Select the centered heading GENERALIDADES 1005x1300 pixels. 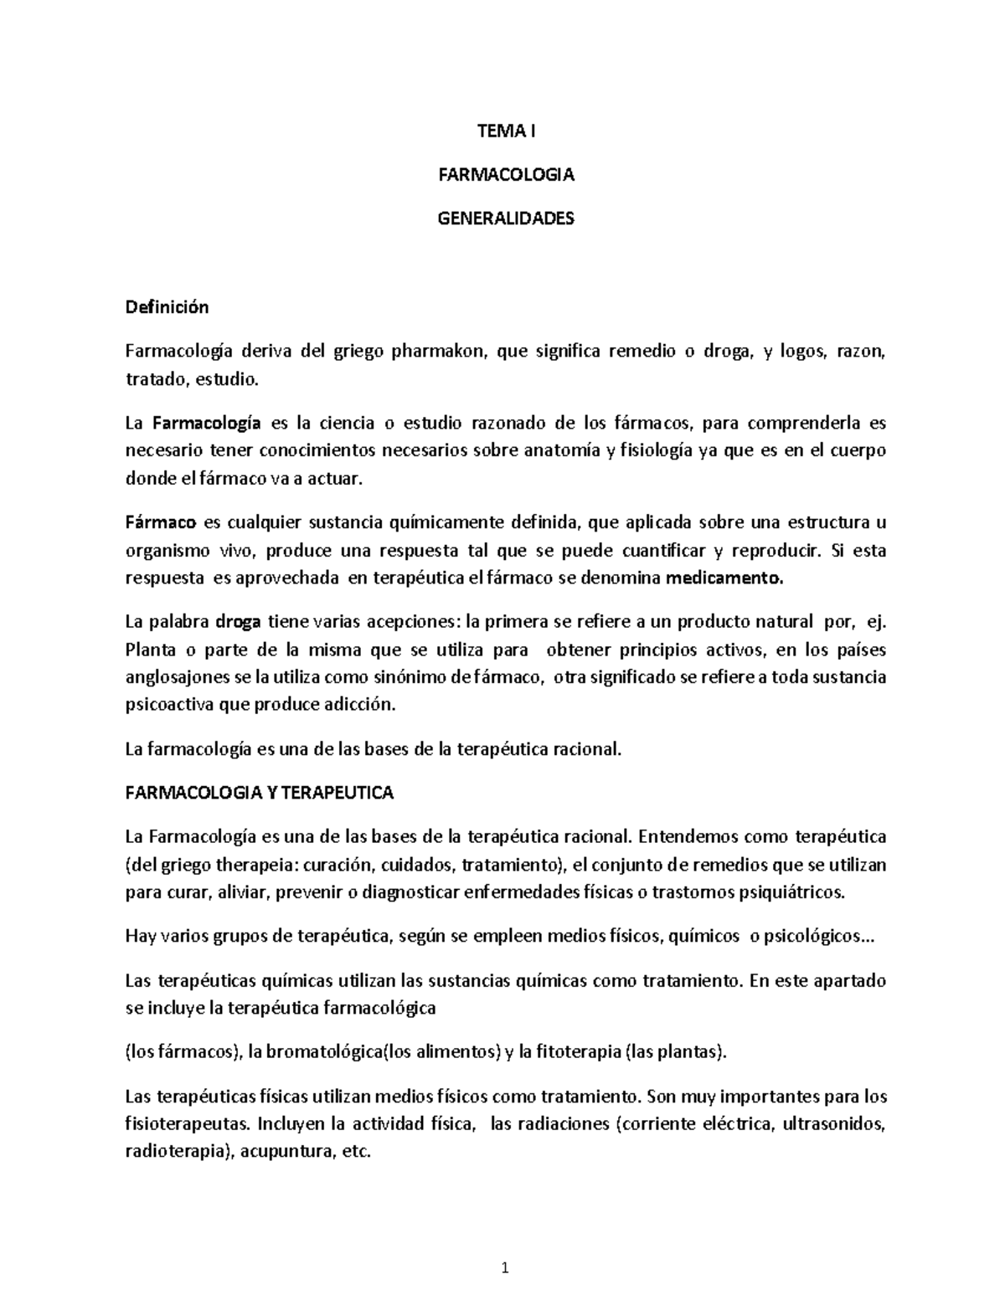[x=506, y=218]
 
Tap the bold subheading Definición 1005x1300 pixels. [x=167, y=307]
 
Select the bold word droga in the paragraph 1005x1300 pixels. [x=239, y=622]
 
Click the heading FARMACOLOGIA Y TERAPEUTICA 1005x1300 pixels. [x=259, y=792]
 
